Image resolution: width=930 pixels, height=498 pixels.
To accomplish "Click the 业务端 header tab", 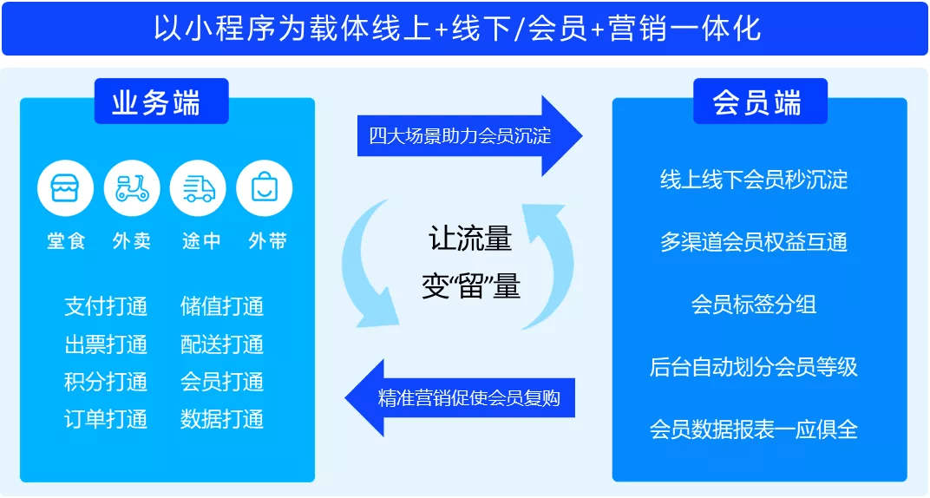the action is point(161,102).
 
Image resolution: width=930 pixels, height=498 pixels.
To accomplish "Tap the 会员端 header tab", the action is point(760,102).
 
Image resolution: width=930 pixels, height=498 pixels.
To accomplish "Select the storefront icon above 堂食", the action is point(65,188).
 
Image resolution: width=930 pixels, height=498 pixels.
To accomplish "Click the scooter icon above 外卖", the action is point(132,188).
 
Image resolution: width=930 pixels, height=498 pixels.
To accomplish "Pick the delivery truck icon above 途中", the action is point(198,188).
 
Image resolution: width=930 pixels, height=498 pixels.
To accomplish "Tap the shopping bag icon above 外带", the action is point(265,188).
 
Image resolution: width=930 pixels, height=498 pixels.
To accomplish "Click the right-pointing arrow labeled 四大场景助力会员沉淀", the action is point(469,135).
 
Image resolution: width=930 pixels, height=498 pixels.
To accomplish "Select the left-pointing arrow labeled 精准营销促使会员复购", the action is point(461,398).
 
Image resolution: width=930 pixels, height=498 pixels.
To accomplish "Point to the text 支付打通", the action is point(106,306).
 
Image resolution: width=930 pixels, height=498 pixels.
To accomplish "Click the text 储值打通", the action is point(222,306).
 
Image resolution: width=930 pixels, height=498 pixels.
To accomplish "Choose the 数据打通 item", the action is point(222,419).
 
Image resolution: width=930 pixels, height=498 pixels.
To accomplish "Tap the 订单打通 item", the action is point(106,419).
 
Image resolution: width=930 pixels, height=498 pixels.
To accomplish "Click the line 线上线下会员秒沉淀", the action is point(754,179).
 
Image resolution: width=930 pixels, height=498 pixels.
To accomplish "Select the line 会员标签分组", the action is point(754,305).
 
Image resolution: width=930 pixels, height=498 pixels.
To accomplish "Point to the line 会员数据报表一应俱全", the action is point(754,429).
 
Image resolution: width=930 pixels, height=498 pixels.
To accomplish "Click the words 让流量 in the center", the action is point(470,239).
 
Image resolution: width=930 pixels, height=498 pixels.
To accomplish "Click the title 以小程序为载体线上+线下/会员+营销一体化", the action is point(457,29).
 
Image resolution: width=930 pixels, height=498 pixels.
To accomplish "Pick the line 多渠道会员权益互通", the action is point(754,242).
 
